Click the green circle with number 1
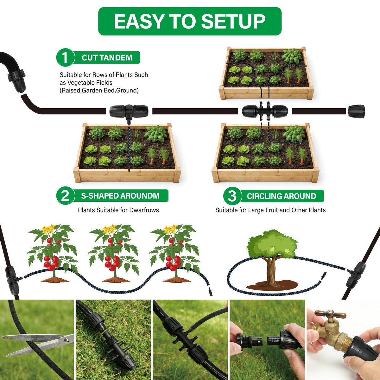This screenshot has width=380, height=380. pyautogui.click(x=66, y=57)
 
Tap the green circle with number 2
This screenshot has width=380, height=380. pyautogui.click(x=66, y=196)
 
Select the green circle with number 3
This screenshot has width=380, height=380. pyautogui.click(x=232, y=196)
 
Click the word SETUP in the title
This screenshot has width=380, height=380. pyautogui.click(x=233, y=21)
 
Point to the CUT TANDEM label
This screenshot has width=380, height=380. pyautogui.click(x=107, y=58)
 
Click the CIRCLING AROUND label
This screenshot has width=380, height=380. pyautogui.click(x=282, y=196)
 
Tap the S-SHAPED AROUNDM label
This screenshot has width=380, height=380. pyautogui.click(x=120, y=196)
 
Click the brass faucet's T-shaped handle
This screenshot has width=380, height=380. pyautogui.click(x=330, y=313)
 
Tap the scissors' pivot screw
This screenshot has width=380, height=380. pyautogui.click(x=66, y=340)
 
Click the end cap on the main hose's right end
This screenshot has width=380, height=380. pyautogui.click(x=356, y=111)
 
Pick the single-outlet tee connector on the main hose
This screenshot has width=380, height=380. pyautogui.click(x=129, y=112)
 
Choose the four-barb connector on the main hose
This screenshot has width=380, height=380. pyautogui.click(x=265, y=111)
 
